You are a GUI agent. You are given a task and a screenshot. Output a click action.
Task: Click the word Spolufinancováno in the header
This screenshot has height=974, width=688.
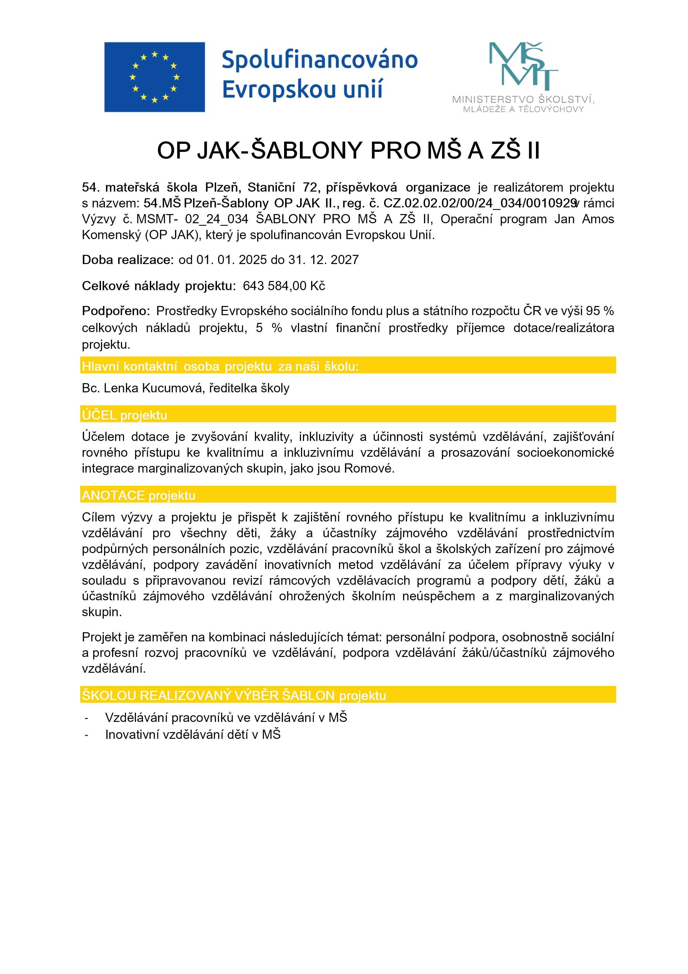(x=320, y=60)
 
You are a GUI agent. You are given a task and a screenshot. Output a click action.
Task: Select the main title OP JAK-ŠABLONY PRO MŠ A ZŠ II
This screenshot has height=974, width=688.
(x=348, y=150)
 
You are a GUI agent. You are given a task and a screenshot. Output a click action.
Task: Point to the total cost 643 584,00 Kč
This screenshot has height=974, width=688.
(x=284, y=286)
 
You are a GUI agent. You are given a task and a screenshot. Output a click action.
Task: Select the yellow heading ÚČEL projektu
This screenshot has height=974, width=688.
(x=125, y=415)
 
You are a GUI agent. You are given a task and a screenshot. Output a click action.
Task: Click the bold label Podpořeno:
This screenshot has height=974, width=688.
(x=116, y=311)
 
